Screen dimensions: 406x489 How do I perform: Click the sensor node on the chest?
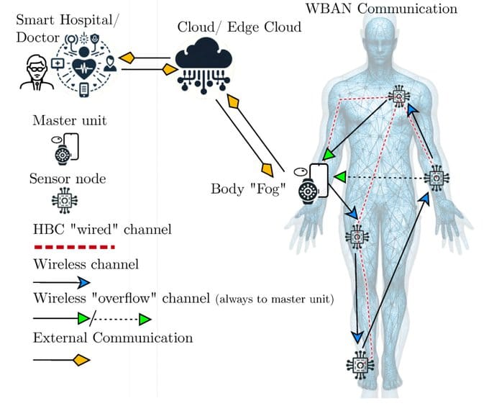(398, 96)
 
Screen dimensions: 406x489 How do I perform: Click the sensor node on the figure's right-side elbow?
(437, 176)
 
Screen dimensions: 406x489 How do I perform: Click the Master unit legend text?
(69, 120)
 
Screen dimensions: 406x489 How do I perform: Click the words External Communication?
(112, 337)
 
